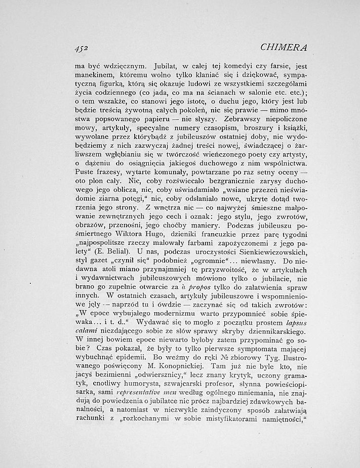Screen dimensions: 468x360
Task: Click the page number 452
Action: [81, 49]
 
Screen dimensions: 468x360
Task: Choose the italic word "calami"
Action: [86, 330]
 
